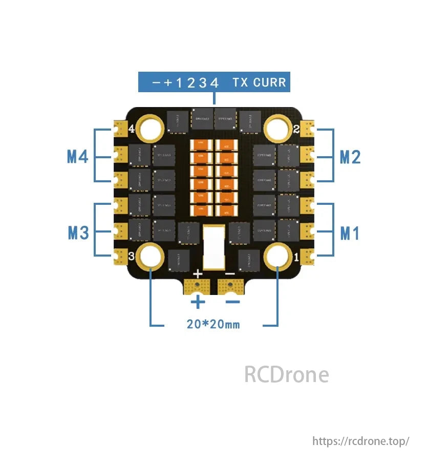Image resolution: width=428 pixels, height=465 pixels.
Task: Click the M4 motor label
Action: pyautogui.click(x=78, y=156)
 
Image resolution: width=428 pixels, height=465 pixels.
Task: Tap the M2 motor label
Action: pyautogui.click(x=350, y=157)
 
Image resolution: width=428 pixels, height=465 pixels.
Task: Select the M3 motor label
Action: pyautogui.click(x=78, y=233)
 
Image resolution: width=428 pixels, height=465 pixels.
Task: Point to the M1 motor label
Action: pyautogui.click(x=350, y=234)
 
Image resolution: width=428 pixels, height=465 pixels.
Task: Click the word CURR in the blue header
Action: pyautogui.click(x=270, y=82)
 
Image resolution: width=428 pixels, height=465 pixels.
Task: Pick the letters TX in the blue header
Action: pyautogui.click(x=240, y=82)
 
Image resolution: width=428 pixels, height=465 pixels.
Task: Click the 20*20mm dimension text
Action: pyautogui.click(x=213, y=324)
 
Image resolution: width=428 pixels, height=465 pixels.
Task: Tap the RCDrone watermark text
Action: pyautogui.click(x=286, y=374)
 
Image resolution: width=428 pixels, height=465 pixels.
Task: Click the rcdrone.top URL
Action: pyautogui.click(x=361, y=440)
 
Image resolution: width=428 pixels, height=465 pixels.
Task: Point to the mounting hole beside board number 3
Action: pyautogui.click(x=151, y=256)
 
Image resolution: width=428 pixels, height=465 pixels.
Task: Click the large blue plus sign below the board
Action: pyautogui.click(x=198, y=302)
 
